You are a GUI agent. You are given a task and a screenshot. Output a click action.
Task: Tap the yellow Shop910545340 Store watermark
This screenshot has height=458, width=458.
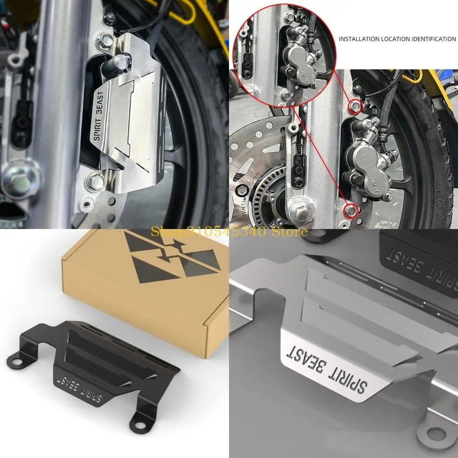229,231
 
